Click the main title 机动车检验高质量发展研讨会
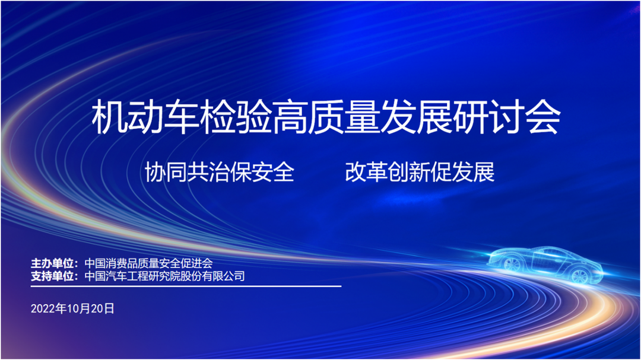[326, 117]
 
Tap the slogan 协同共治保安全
[220, 171]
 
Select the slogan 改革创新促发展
[420, 171]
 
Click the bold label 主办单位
[52, 263]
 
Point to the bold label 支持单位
[52, 276]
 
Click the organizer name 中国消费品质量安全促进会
[148, 263]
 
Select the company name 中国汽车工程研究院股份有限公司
[164, 276]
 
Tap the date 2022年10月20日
[72, 308]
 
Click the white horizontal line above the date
[186, 286]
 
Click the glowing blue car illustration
[546, 263]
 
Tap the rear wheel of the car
[580, 276]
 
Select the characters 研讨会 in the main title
[507, 117]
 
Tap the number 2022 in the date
[43, 308]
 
